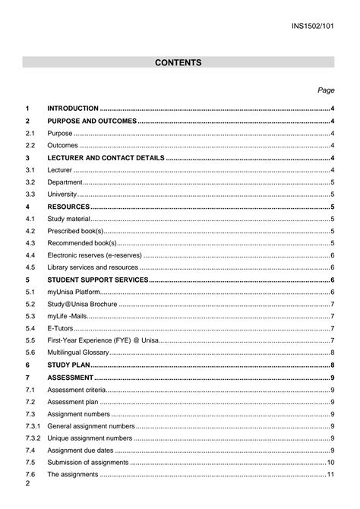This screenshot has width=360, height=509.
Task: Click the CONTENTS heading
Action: click(x=178, y=62)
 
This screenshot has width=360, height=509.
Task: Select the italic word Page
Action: click(x=326, y=90)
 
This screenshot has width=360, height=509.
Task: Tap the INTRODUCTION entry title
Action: click(x=73, y=109)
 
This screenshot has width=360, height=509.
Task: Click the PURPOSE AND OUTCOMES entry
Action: click(x=92, y=121)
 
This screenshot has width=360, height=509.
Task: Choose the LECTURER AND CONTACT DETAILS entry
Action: click(x=106, y=157)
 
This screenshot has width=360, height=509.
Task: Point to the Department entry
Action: click(x=65, y=182)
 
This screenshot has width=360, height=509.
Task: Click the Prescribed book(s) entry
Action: click(x=75, y=231)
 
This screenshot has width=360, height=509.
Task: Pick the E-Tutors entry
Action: click(x=61, y=328)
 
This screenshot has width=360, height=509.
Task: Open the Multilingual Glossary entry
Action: click(x=79, y=353)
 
